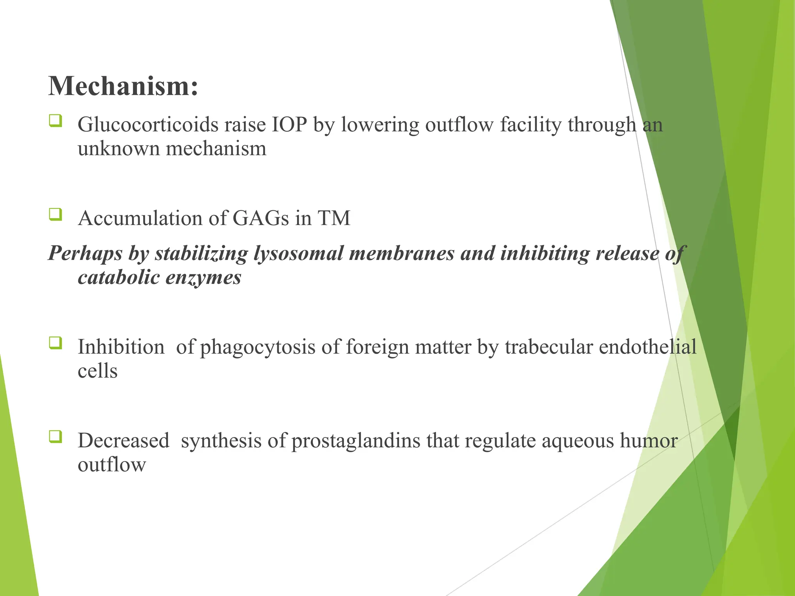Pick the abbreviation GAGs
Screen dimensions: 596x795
point(260,218)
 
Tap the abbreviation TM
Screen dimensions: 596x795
point(334,218)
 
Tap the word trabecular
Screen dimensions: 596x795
point(549,347)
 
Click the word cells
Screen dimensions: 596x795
point(97,371)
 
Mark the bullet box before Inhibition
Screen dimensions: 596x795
point(56,343)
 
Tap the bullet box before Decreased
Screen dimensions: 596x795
point(56,437)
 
